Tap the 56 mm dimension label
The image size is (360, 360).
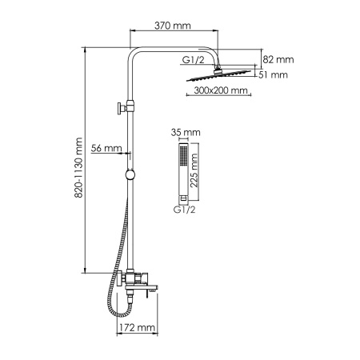coord(106,148)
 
